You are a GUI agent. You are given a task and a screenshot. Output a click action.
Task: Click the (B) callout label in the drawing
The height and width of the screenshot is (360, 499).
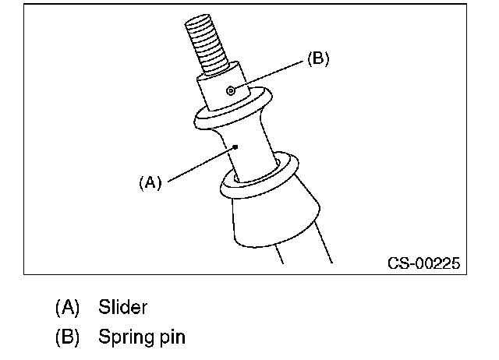(318, 58)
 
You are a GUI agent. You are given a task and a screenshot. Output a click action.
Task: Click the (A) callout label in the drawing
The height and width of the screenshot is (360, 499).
(150, 182)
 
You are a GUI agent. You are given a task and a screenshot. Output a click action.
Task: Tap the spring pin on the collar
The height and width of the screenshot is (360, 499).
(231, 90)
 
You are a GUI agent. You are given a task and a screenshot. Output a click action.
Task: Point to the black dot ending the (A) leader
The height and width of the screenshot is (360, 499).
(235, 147)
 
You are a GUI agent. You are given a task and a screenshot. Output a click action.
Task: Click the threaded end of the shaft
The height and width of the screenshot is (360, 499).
(207, 44)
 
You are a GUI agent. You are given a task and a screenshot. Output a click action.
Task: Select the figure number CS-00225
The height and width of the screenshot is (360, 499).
(423, 263)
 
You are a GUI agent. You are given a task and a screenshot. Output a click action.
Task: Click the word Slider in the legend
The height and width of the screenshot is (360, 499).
(122, 307)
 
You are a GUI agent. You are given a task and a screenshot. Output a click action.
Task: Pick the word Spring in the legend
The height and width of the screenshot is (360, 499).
(126, 337)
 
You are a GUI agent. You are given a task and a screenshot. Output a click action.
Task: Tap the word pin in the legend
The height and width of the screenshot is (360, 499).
(172, 337)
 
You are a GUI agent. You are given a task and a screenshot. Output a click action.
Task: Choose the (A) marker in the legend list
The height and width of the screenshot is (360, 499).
(67, 308)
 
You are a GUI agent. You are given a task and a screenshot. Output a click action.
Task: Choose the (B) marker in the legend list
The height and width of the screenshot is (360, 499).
(67, 337)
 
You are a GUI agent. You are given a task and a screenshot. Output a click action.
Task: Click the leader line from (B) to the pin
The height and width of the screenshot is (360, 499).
(268, 75)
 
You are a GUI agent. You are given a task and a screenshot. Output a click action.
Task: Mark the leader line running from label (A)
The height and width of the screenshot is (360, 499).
(201, 164)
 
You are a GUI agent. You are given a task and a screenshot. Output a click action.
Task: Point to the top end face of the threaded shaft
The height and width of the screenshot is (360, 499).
(197, 19)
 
